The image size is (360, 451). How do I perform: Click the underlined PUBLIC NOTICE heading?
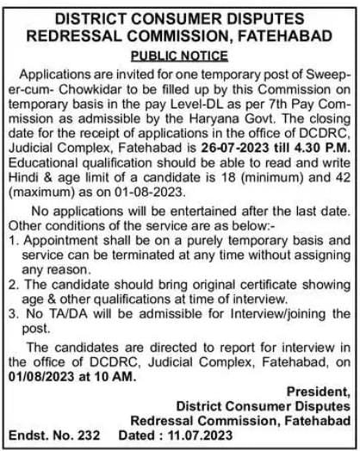[179, 56]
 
